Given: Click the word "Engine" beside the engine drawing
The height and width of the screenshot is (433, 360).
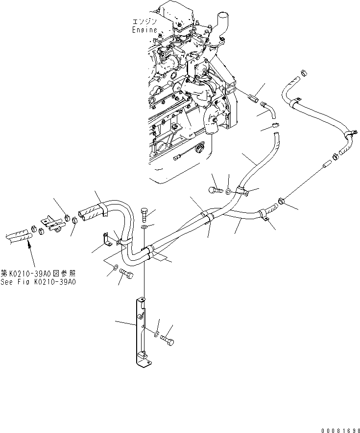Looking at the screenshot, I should [x=144, y=30].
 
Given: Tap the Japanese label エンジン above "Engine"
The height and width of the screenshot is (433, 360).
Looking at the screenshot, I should [x=144, y=22].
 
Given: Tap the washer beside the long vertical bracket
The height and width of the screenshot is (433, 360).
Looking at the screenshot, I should [x=156, y=334].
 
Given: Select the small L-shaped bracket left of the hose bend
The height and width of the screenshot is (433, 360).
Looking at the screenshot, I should [x=106, y=238].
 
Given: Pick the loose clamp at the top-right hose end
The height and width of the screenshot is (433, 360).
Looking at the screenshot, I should [x=303, y=74].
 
